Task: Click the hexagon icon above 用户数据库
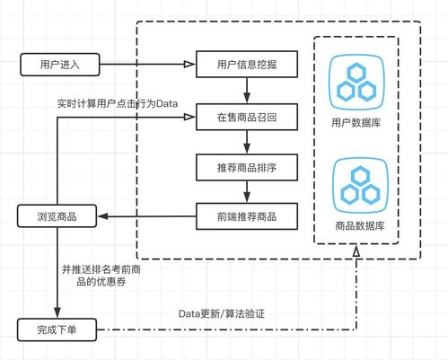(356, 81)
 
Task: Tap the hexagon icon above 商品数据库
(356, 183)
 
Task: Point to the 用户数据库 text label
(356, 122)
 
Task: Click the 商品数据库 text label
(356, 225)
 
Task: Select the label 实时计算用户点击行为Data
(117, 105)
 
